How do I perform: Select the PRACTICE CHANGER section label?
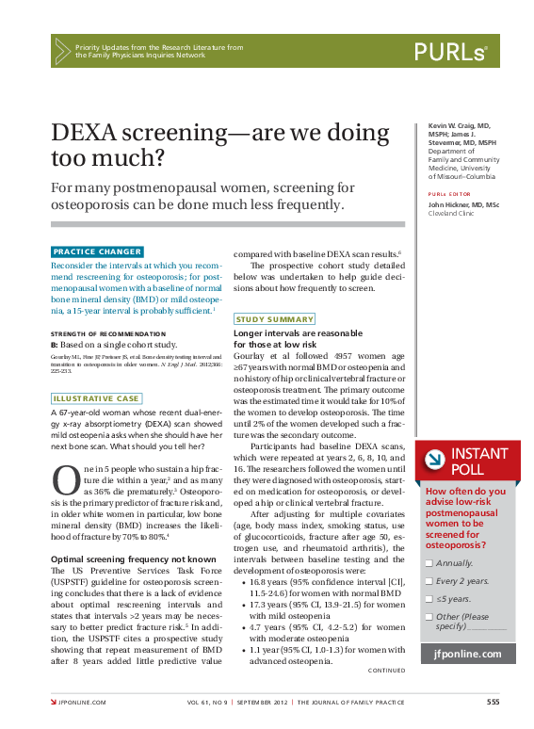coord(97,251)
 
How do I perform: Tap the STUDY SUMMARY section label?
coord(275,319)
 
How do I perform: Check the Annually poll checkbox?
coord(429,562)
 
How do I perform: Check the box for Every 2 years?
coord(429,582)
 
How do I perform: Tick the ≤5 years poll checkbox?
coord(429,599)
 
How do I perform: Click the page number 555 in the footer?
coord(493,702)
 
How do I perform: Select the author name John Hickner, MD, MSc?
coord(464,204)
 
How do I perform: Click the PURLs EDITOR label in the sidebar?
coord(450,194)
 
